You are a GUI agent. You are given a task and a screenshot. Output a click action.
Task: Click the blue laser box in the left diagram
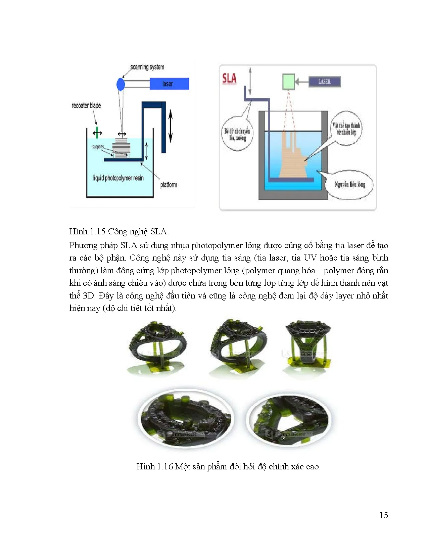click(169, 84)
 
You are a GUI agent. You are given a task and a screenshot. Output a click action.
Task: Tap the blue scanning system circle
click(121, 84)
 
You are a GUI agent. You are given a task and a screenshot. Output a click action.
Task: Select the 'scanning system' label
click(147, 67)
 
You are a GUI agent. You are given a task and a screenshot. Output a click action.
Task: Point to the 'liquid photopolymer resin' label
click(118, 178)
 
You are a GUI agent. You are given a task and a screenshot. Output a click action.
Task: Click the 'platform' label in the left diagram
click(169, 185)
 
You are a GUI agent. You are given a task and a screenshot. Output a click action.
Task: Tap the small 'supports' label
click(98, 147)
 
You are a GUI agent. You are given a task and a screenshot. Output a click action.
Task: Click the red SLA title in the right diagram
click(229, 79)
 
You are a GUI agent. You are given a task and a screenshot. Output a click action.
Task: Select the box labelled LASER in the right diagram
click(324, 82)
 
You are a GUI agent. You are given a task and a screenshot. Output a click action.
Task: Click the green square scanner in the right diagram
click(288, 82)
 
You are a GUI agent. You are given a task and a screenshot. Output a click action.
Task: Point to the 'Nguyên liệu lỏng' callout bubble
click(349, 184)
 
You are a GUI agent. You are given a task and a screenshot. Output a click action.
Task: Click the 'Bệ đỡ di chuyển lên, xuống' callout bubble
click(237, 134)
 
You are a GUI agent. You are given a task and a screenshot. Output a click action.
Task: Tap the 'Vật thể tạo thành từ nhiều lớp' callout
click(346, 128)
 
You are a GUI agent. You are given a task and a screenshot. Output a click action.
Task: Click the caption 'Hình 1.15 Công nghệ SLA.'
click(119, 231)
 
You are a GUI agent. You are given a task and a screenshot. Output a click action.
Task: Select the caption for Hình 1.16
click(228, 466)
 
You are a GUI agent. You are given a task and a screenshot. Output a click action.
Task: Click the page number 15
click(383, 515)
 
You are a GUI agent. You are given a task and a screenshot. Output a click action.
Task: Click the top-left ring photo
click(157, 348)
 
